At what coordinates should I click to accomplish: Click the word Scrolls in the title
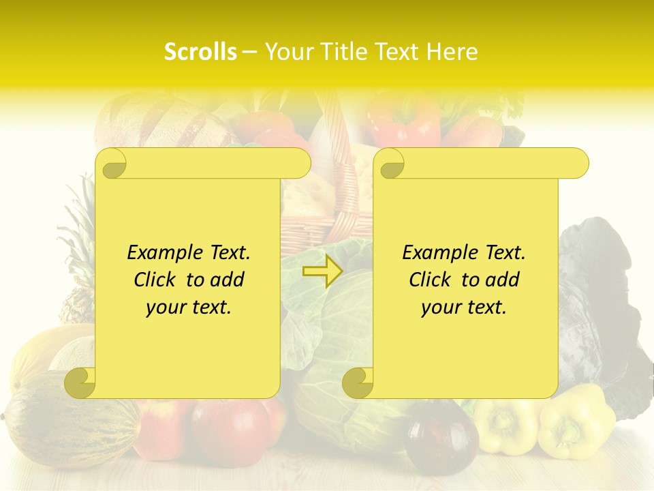[200, 52]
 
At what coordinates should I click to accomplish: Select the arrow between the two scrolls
[322, 272]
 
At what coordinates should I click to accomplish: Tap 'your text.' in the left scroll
[188, 307]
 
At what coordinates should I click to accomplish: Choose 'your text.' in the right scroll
[463, 307]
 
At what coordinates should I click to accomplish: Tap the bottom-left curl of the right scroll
[358, 383]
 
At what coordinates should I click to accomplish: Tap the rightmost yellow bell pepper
[576, 423]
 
